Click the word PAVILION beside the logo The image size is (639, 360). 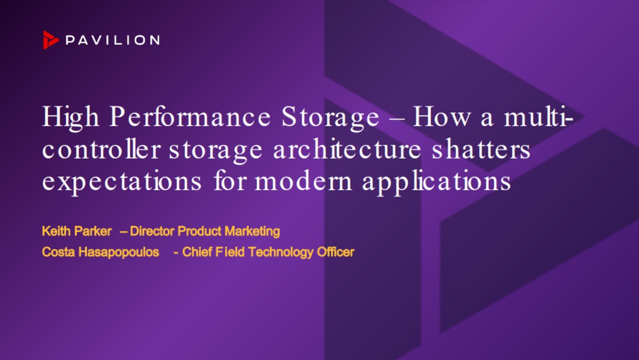point(112,40)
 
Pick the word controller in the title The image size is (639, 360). point(101,150)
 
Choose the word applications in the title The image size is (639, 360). point(437,182)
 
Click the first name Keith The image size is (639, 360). point(54,231)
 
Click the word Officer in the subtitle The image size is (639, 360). point(335,252)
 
